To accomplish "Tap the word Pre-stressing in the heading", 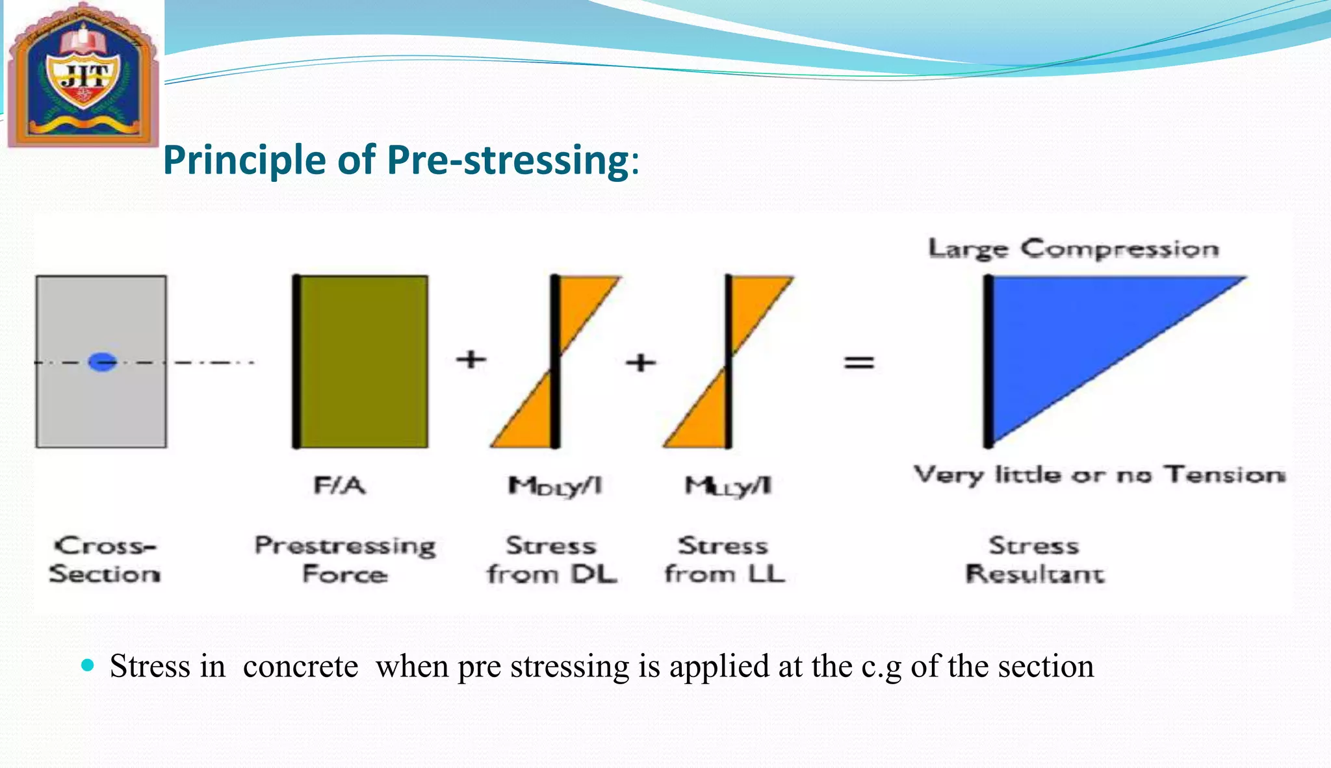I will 507,160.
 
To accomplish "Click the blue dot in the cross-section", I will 102,362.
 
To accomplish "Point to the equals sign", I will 859,362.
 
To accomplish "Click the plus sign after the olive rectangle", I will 471,359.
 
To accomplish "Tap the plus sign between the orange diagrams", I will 641,362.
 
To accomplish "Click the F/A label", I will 339,485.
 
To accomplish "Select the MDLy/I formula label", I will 555,486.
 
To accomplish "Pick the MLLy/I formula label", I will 728,486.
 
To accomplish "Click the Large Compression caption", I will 1073,249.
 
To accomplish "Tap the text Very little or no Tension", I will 1099,475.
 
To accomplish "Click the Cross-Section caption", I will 105,559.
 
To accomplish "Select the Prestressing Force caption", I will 344,559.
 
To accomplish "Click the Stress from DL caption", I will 552,559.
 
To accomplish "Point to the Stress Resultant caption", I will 1034,559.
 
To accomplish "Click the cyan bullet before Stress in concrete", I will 88,665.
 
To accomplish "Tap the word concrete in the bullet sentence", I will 300,666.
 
